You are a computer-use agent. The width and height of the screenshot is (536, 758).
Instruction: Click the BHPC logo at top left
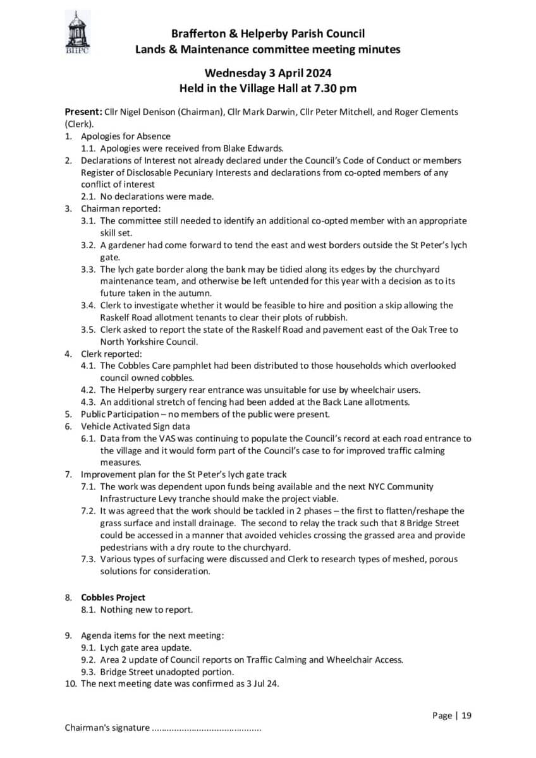click(78, 33)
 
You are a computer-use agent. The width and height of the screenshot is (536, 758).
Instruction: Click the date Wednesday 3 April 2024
click(268, 73)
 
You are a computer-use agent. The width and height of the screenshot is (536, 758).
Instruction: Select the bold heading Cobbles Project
click(113, 597)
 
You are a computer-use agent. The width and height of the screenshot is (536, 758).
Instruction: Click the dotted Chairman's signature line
click(206, 728)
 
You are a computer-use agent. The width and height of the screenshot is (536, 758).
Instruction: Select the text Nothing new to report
click(147, 610)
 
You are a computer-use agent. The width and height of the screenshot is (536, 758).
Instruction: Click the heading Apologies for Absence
click(126, 136)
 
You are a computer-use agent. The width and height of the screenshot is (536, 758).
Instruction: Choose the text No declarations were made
click(157, 196)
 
